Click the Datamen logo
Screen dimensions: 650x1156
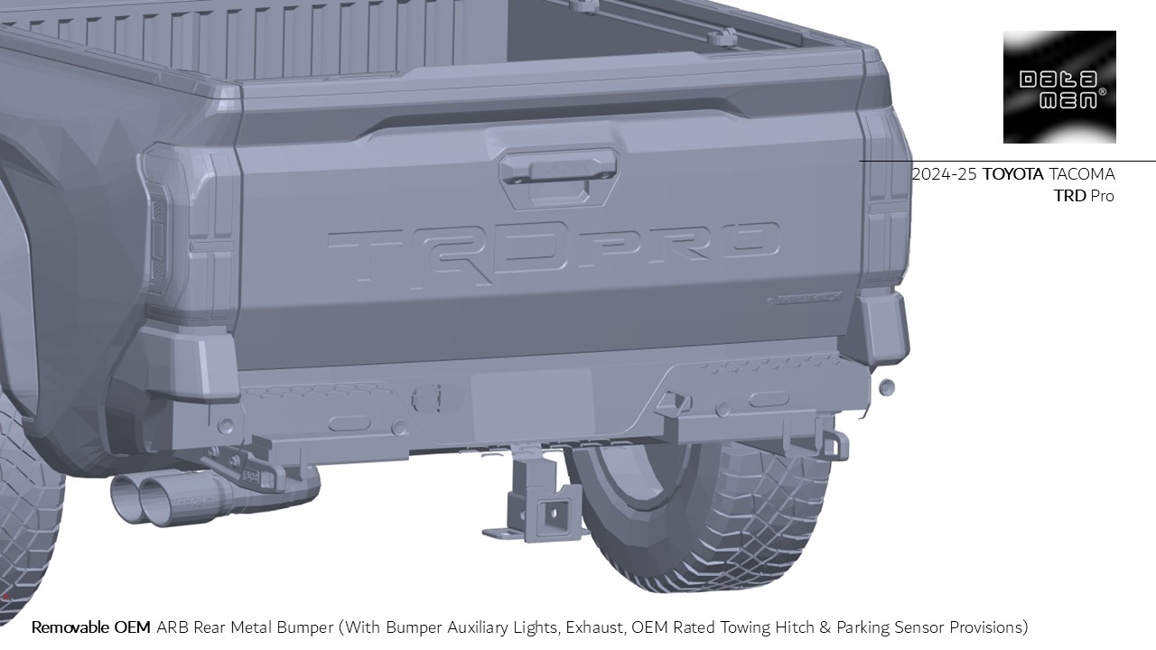click(x=1059, y=87)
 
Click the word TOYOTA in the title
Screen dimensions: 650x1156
click(x=1012, y=174)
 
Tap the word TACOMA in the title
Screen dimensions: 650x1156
click(x=1081, y=174)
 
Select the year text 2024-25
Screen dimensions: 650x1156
click(x=944, y=174)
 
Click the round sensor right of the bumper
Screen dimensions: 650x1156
click(x=887, y=387)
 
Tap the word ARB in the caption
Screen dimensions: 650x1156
click(x=172, y=627)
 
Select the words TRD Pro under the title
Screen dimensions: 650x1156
click(x=1084, y=196)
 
